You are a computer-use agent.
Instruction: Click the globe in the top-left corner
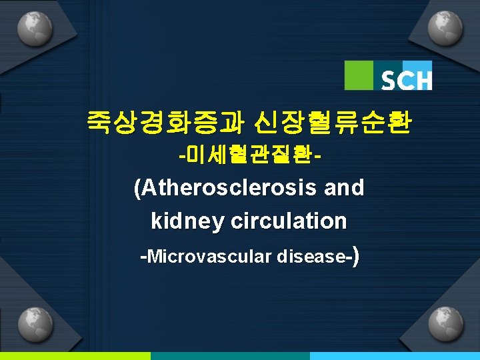(33, 29)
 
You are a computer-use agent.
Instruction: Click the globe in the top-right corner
(446, 29)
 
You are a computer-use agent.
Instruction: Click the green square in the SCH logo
(359, 75)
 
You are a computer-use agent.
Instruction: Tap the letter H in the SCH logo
(423, 81)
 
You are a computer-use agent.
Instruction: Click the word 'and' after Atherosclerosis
(343, 189)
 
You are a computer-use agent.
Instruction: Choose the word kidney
(187, 221)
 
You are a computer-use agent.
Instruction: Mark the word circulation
(288, 221)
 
